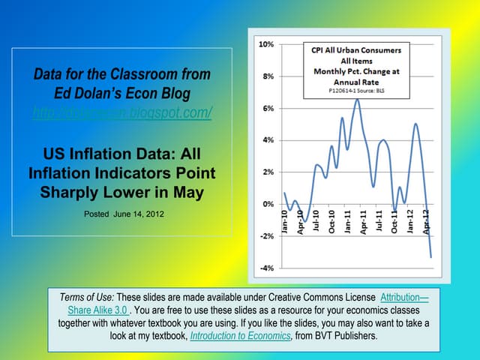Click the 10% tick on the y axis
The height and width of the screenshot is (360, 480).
coord(266,44)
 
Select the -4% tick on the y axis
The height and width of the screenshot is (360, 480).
coord(266,268)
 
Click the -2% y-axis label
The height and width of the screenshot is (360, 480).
coord(266,235)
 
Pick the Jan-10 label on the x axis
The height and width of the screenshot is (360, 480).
coord(286,223)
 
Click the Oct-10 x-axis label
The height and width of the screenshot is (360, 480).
coord(331,223)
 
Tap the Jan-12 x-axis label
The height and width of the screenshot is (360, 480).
coord(409,223)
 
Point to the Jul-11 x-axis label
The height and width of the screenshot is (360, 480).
coord(379,223)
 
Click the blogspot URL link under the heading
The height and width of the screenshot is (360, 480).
coord(123,113)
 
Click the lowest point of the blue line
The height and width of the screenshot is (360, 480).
coord(431,257)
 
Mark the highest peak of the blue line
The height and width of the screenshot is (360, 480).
coord(357,99)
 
